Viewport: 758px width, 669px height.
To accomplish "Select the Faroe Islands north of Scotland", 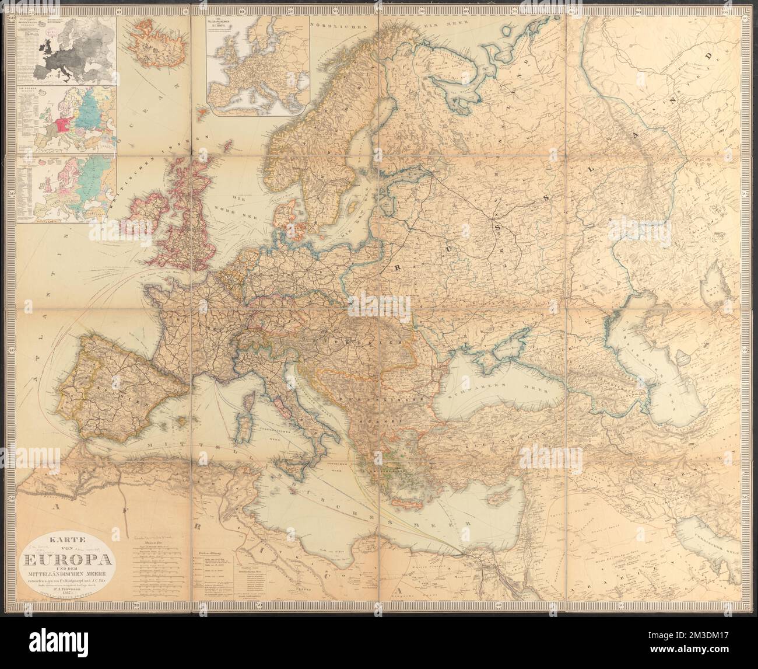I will (x=202, y=109).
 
